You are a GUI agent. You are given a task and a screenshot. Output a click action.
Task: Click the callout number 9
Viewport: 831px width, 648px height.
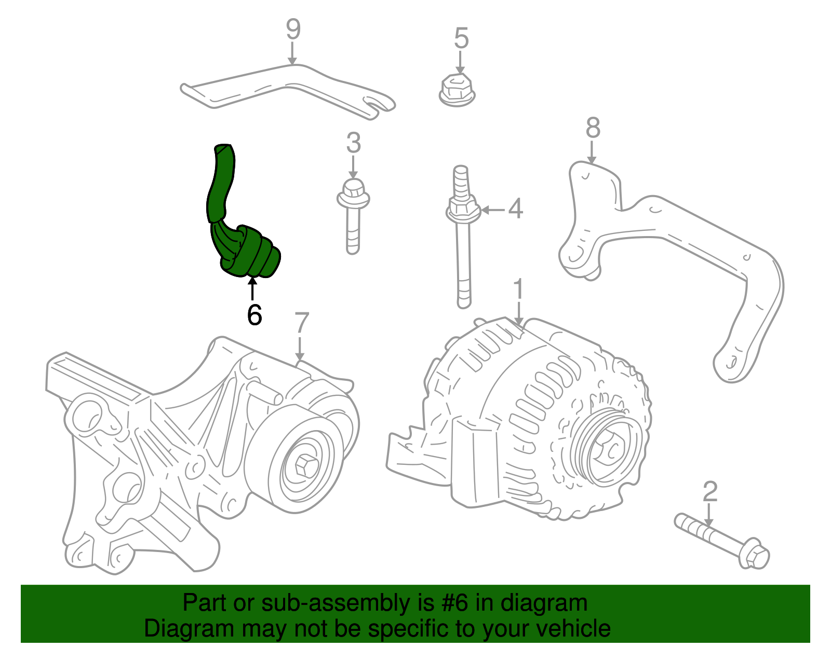pyautogui.click(x=293, y=30)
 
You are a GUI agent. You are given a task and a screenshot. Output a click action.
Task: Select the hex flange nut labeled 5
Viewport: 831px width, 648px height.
pyautogui.click(x=457, y=91)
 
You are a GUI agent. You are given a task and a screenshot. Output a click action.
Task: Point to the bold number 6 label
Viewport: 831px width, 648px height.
pyautogui.click(x=254, y=315)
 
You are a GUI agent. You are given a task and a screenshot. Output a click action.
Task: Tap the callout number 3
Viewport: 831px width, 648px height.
pyautogui.click(x=353, y=143)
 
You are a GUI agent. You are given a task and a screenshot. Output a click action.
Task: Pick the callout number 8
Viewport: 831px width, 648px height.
pyautogui.click(x=593, y=128)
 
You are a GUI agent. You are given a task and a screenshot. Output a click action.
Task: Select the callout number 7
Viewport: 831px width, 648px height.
pyautogui.click(x=301, y=323)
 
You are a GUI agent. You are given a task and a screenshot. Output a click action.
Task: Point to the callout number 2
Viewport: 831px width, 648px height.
pyautogui.click(x=709, y=492)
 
